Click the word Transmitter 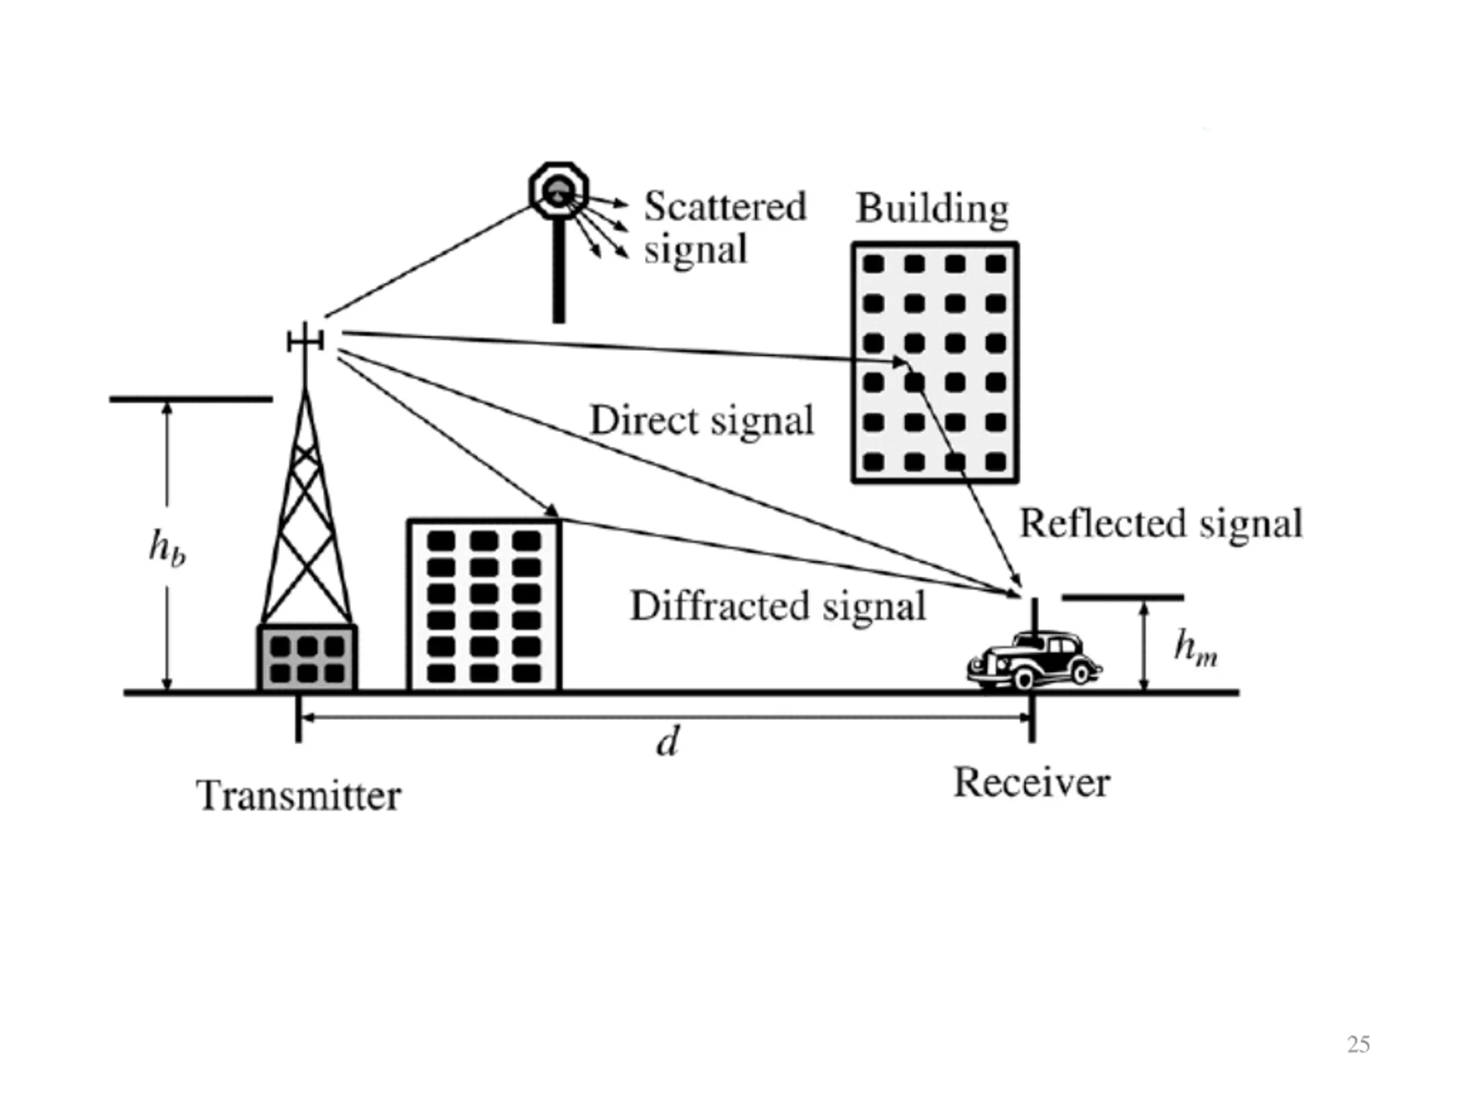point(299,796)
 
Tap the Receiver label point(1032,783)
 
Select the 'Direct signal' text point(702,421)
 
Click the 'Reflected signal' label point(1161,524)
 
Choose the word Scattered point(725,206)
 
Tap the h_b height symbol point(167,548)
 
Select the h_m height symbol point(1195,647)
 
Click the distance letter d point(667,742)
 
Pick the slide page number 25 point(1358,1044)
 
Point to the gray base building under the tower point(307,658)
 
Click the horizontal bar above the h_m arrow point(1123,598)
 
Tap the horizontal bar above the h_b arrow point(190,399)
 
